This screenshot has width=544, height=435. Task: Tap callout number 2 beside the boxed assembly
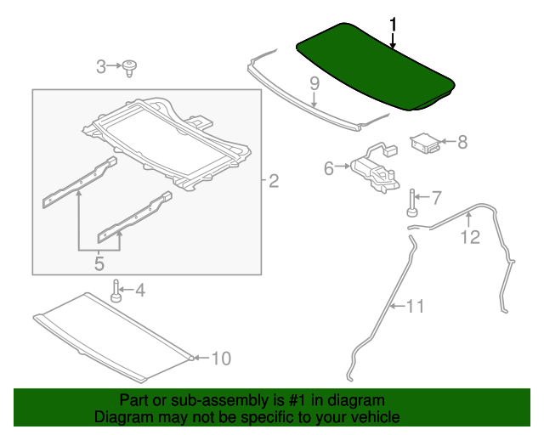click(274, 180)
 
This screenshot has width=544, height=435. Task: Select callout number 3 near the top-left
click(101, 66)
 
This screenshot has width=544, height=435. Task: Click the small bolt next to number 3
click(130, 67)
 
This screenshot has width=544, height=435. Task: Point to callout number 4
click(139, 291)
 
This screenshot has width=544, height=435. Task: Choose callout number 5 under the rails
click(99, 263)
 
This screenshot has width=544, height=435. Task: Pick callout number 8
click(462, 142)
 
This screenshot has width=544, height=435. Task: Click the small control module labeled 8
click(426, 142)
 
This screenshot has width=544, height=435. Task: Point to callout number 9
click(314, 83)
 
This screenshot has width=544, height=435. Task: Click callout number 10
click(220, 359)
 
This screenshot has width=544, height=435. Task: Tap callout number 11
click(414, 306)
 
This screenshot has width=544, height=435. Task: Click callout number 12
click(470, 237)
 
